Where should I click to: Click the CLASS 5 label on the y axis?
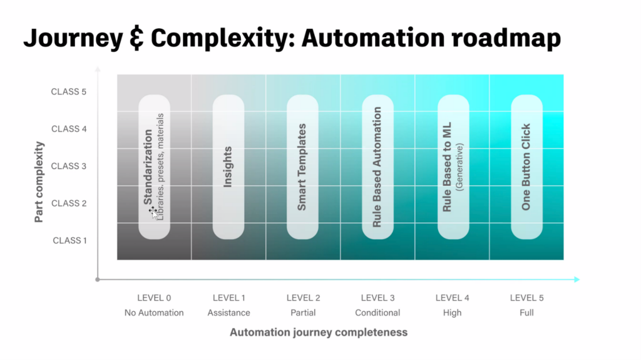pos(69,92)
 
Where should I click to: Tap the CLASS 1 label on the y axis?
pos(69,240)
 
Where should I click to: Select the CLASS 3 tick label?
pos(69,166)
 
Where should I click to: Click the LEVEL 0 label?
pos(154,298)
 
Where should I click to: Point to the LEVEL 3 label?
pos(377,298)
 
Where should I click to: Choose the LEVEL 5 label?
pos(526,298)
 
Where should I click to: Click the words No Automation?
pos(154,312)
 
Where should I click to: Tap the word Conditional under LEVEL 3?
pos(377,312)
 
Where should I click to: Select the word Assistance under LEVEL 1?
pos(228,312)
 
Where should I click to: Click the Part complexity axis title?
pos(39,182)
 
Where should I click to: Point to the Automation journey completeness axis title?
pos(319,332)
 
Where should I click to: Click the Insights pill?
pos(228,167)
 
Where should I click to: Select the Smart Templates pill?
pos(302,167)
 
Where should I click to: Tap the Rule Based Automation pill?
pos(377,167)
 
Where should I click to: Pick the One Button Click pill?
pos(526,167)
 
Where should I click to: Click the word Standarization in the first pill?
pos(148,167)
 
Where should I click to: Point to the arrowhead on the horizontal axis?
pos(577,279)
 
